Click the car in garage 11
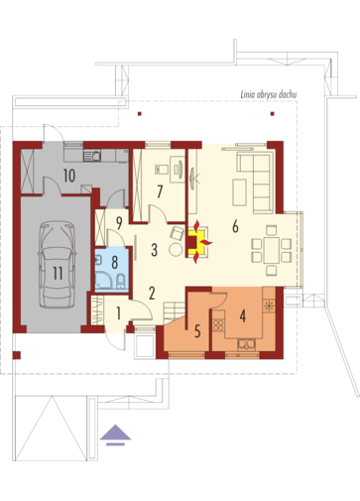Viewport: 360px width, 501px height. (x=58, y=265)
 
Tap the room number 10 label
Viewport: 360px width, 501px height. (x=69, y=176)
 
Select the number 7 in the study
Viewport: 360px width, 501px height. (x=160, y=191)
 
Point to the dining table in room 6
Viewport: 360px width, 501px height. (x=272, y=250)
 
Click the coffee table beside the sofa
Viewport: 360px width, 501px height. (x=239, y=192)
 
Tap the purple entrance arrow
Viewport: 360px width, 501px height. (x=115, y=435)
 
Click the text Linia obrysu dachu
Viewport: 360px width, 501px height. (x=269, y=94)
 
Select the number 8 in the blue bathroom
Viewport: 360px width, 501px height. (x=115, y=262)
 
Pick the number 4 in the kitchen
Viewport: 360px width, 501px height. (x=243, y=316)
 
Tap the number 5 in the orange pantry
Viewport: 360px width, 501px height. (x=197, y=331)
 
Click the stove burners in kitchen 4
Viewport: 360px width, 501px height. (x=218, y=325)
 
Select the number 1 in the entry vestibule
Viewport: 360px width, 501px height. (x=118, y=313)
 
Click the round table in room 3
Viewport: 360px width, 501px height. (x=176, y=249)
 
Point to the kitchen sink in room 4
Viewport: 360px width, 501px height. (x=247, y=344)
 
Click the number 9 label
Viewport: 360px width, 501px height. (x=119, y=223)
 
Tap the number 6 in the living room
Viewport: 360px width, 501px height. (x=235, y=226)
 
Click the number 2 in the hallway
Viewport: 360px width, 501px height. (x=152, y=293)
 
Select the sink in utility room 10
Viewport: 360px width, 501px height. (x=92, y=156)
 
